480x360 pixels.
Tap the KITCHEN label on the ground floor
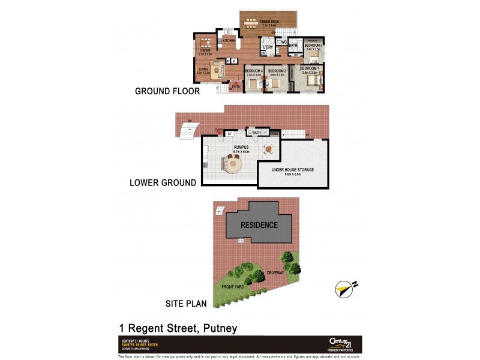229,41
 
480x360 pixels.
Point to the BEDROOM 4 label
254,71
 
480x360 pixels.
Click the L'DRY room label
267,47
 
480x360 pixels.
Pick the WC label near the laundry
282,42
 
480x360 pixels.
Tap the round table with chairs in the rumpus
268,149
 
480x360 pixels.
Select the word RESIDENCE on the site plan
259,226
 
